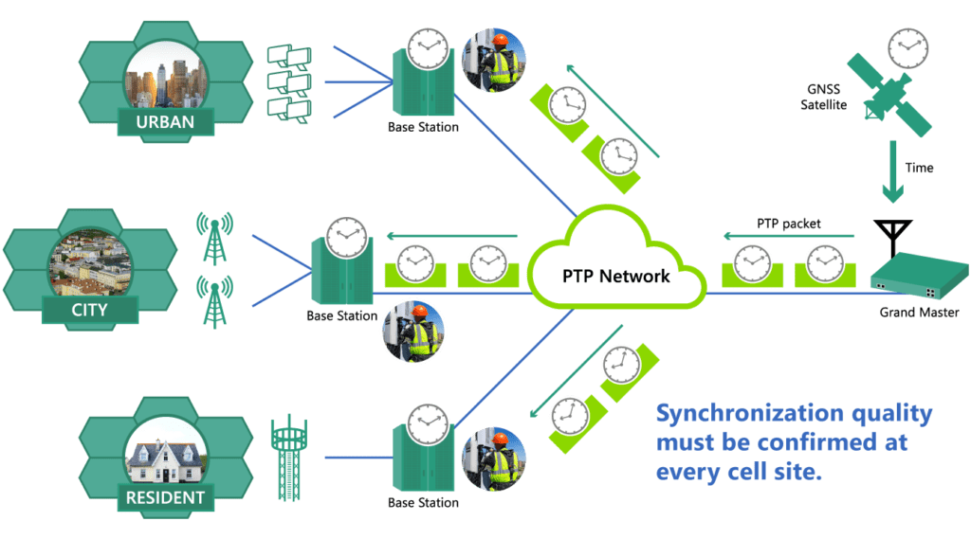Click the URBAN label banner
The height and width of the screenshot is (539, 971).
coord(165,122)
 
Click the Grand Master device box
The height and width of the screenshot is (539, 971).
coord(913,276)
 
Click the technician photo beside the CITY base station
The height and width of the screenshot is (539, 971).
coord(412,333)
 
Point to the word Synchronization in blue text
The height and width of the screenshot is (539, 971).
coord(736,414)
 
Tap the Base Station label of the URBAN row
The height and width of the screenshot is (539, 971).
coord(423,127)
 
